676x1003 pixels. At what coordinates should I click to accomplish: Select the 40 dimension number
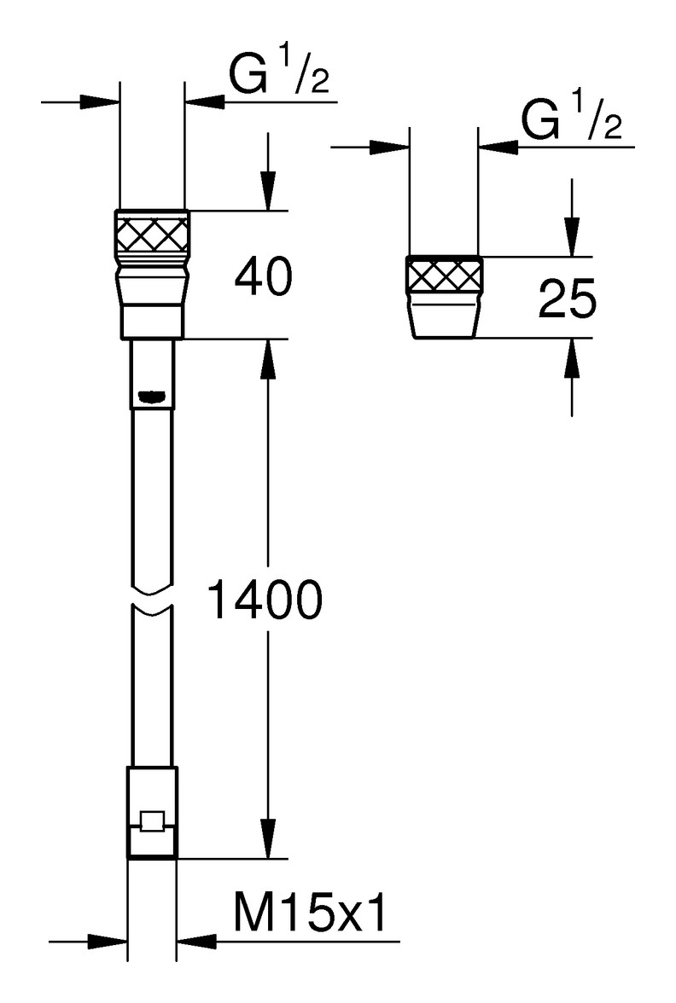(262, 278)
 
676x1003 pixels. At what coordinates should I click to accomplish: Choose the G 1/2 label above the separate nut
(572, 123)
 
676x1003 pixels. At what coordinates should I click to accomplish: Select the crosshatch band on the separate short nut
(443, 276)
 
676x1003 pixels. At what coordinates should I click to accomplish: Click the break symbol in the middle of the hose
(153, 597)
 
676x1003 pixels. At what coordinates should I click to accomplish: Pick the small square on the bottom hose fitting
(152, 821)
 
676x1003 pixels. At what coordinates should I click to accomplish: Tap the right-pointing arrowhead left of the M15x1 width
(109, 942)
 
